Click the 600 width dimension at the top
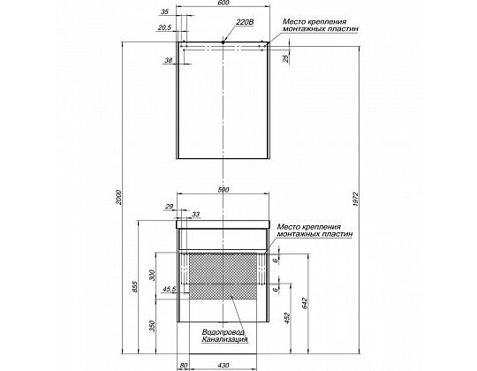(x=223, y=3)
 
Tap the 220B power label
(x=245, y=22)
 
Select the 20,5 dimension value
(x=165, y=27)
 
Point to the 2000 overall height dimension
(x=118, y=197)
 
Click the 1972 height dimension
(x=357, y=199)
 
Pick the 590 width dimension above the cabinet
(x=223, y=190)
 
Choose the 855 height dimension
(x=135, y=287)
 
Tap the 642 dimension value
(x=306, y=303)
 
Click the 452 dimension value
(x=288, y=318)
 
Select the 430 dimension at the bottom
(x=223, y=366)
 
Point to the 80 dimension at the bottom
(x=184, y=366)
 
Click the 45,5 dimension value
(x=170, y=289)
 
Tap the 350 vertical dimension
(x=153, y=326)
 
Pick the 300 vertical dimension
(x=153, y=276)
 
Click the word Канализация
(x=224, y=339)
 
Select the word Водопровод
(x=223, y=332)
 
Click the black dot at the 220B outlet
(x=223, y=42)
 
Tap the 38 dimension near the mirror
(x=168, y=61)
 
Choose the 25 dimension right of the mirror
(x=285, y=58)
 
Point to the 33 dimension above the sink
(x=195, y=215)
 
